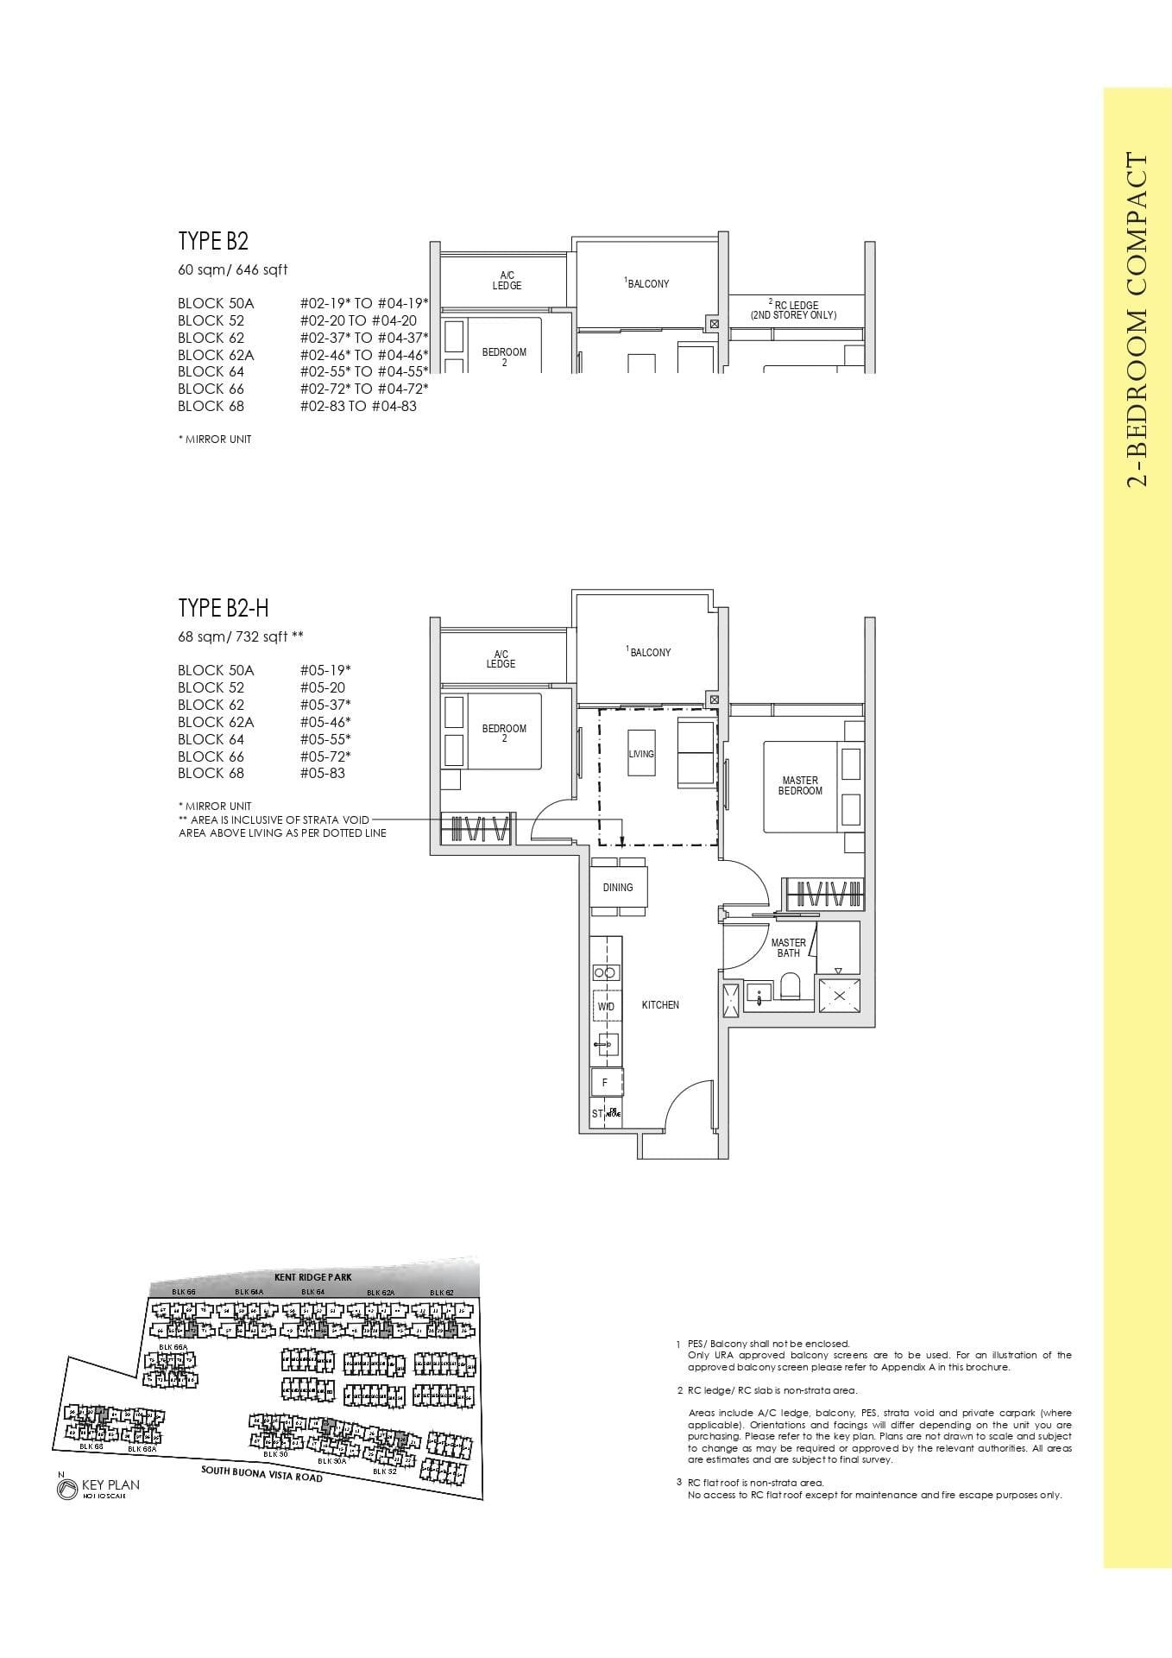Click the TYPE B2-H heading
(x=224, y=608)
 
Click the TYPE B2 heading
(x=213, y=241)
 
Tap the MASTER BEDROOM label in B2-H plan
(x=799, y=785)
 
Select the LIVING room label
(x=641, y=754)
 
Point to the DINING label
(x=618, y=887)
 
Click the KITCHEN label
(x=660, y=1004)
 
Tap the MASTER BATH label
(x=788, y=947)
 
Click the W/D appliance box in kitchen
(x=606, y=1007)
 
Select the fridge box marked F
(x=606, y=1082)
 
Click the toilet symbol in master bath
(x=789, y=985)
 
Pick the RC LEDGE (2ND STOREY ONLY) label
(x=793, y=310)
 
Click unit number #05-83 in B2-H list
(x=322, y=773)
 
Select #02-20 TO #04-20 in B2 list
(x=358, y=320)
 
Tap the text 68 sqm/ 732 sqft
(x=241, y=637)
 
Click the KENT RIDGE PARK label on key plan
(x=313, y=1276)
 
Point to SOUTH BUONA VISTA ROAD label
(x=262, y=1472)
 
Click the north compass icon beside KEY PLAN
(x=66, y=1488)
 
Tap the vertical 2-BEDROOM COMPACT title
(x=1137, y=320)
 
